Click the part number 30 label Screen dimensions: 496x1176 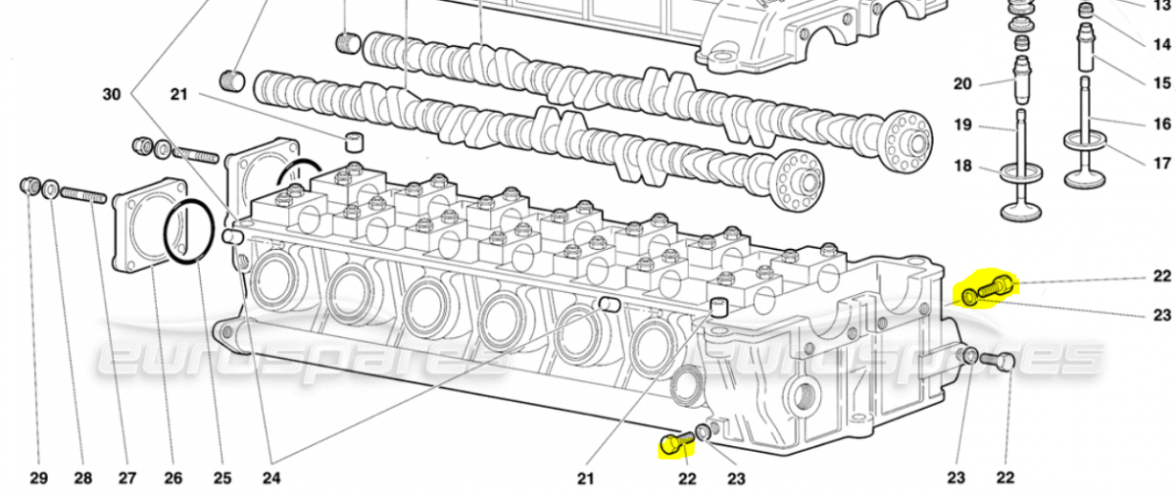112,94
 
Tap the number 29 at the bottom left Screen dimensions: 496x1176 38,478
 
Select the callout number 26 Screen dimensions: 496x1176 172,478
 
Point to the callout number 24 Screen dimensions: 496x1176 270,478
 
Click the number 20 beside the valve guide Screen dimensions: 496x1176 962,84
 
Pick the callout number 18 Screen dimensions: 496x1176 962,166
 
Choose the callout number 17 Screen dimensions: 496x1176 1162,163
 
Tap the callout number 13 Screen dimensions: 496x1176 1162,5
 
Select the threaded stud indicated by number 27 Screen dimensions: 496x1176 82,196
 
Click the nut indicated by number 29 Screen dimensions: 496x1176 30,185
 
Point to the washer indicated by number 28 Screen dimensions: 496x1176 50,189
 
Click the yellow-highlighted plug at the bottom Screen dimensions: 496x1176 672,445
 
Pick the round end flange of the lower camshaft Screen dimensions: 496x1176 796,181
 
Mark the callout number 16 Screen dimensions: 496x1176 1162,124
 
